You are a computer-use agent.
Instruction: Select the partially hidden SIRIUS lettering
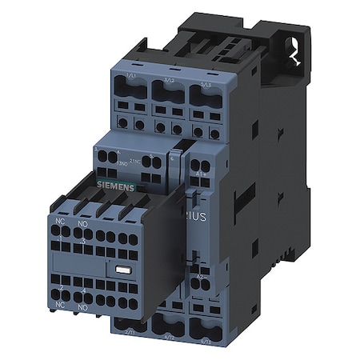210,217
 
